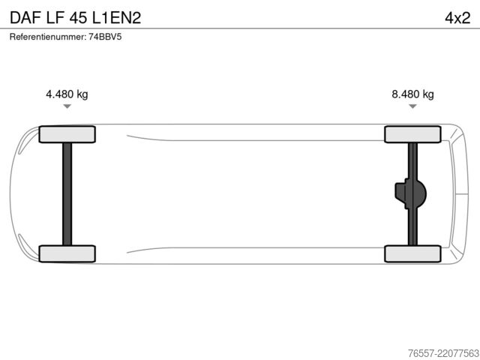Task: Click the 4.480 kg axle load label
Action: pyautogui.click(x=67, y=94)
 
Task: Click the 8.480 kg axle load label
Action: pyautogui.click(x=412, y=94)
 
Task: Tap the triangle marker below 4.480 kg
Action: pyautogui.click(x=67, y=106)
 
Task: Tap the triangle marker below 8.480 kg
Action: pyautogui.click(x=412, y=106)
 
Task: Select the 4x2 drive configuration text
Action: pyautogui.click(x=457, y=18)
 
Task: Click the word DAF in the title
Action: pyautogui.click(x=25, y=18)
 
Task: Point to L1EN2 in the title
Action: pyautogui.click(x=117, y=18)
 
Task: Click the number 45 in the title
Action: pyautogui.click(x=78, y=18)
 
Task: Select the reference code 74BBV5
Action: pyautogui.click(x=105, y=37)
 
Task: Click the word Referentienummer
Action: pyautogui.click(x=47, y=37)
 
